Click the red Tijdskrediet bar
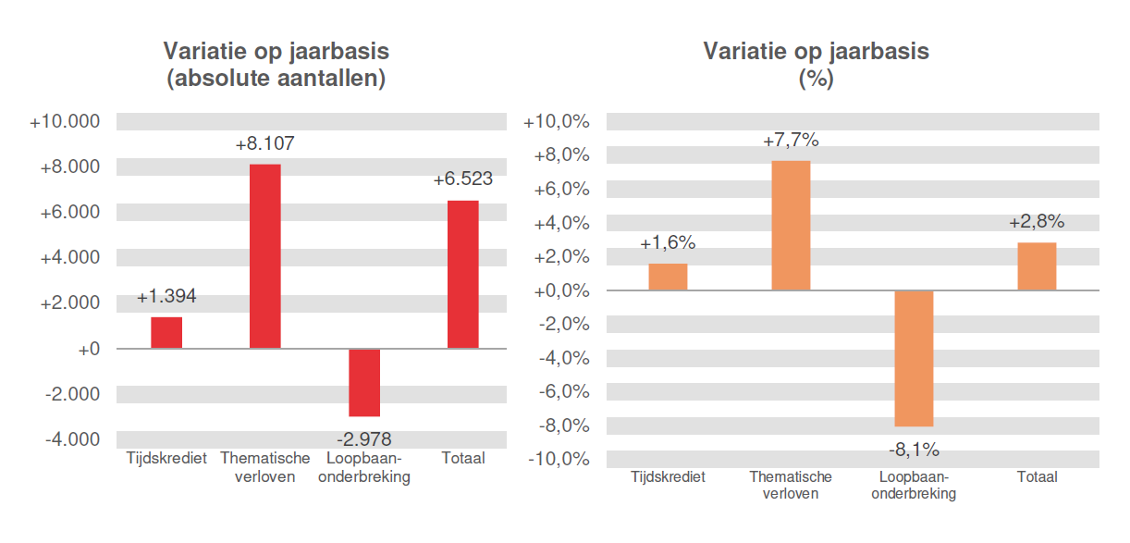click(x=166, y=333)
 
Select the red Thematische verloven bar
click(x=264, y=256)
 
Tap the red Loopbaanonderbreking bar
click(x=363, y=382)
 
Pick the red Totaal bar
click(x=462, y=275)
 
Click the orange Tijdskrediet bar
click(x=668, y=278)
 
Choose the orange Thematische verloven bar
click(x=791, y=226)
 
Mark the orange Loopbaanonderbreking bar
click(x=914, y=358)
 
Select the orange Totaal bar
click(x=1037, y=266)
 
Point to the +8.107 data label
click(x=264, y=145)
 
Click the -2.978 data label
click(x=364, y=438)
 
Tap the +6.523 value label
click(x=462, y=179)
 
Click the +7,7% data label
click(x=791, y=142)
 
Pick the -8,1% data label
click(x=914, y=450)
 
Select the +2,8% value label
click(x=1037, y=222)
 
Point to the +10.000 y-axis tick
click(x=65, y=122)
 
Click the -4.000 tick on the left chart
click(x=71, y=439)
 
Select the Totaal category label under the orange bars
click(x=1037, y=477)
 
